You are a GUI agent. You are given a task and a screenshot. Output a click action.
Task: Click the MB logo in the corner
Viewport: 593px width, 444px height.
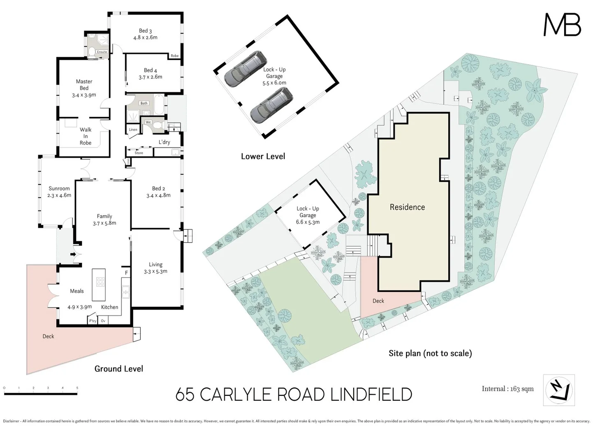(562, 25)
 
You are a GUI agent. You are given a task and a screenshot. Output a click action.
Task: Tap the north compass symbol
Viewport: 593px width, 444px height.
(558, 390)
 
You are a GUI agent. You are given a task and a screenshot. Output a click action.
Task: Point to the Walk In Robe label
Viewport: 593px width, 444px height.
(86, 136)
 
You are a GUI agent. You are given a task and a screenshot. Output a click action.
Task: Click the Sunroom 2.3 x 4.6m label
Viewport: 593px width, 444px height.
(59, 192)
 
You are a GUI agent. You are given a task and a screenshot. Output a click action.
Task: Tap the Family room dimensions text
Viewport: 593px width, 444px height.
(104, 223)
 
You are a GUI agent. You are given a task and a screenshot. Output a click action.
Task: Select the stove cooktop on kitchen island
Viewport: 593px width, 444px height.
(100, 282)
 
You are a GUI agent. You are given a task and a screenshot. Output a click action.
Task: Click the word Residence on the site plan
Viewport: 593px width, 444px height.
(407, 207)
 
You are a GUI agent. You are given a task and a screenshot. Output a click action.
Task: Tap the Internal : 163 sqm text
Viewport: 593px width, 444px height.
(507, 389)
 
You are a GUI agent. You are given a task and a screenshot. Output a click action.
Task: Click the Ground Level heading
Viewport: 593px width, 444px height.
(119, 369)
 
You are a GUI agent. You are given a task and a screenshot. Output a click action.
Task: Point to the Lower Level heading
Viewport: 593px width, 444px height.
(263, 156)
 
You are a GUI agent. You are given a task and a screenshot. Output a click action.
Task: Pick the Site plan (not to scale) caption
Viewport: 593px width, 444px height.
(430, 353)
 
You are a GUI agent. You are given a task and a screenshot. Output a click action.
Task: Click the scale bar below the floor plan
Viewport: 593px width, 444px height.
(40, 393)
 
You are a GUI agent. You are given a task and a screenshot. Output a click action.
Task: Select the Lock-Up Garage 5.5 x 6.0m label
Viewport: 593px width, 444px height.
(274, 76)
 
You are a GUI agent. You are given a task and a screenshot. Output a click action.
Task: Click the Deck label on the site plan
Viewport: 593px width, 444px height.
(378, 301)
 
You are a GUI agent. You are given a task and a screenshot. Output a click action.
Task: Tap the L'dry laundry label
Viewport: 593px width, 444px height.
(164, 142)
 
